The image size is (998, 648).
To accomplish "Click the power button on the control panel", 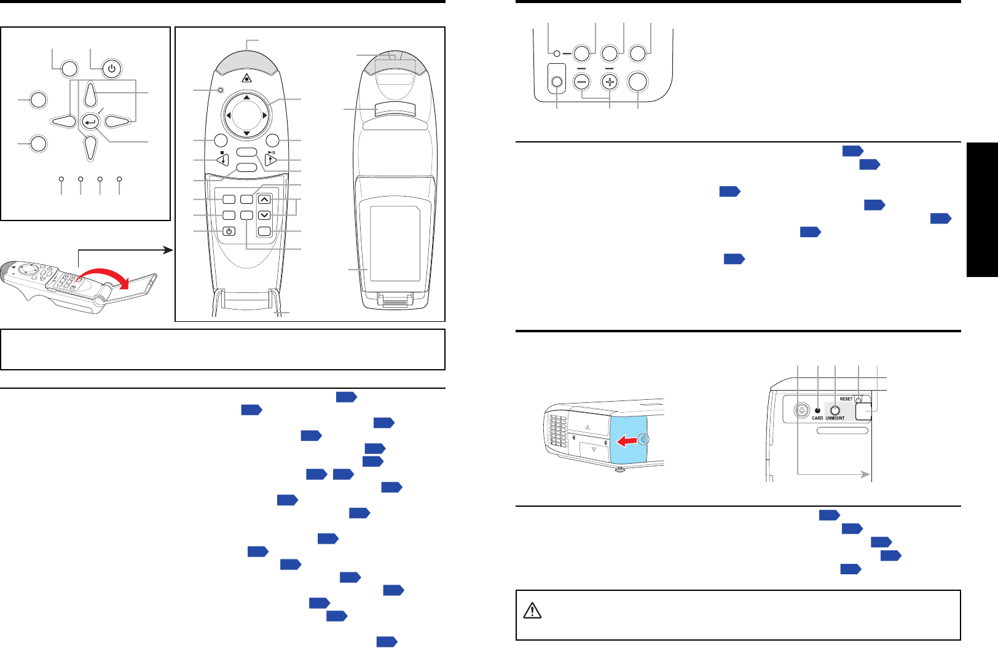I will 111,69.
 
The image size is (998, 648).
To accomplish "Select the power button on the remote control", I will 229,232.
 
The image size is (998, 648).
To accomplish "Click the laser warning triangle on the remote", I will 246,77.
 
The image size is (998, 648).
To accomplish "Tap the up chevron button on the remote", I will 264,200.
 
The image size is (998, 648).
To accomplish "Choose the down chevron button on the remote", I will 264,215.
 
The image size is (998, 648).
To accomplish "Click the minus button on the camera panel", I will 581,82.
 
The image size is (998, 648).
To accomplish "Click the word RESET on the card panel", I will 846,399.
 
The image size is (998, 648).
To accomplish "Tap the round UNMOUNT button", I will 835,410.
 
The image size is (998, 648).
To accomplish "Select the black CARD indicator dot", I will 817,410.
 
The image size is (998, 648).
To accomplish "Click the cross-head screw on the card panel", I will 800,410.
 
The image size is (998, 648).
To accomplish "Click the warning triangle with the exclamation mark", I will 532,611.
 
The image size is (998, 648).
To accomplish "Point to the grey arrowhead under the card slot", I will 866,474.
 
